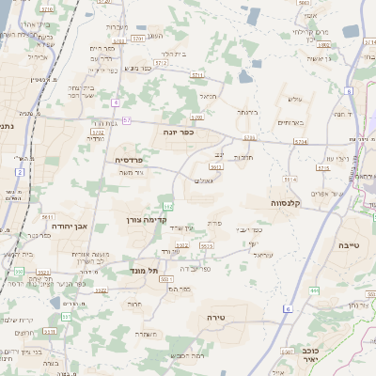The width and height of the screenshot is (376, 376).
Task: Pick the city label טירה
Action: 215,319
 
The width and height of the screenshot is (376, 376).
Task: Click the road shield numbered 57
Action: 126,120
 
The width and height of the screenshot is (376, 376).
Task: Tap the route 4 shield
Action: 114,102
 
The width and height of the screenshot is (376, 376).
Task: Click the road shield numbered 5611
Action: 47,216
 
